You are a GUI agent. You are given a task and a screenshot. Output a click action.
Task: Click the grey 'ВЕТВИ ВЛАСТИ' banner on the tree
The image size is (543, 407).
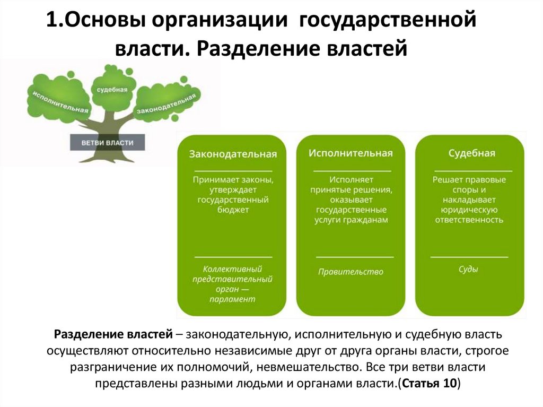tap(107, 143)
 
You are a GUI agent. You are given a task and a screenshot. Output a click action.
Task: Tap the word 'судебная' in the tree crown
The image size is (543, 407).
tap(112, 90)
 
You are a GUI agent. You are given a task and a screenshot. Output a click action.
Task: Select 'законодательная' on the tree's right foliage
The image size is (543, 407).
tap(167, 103)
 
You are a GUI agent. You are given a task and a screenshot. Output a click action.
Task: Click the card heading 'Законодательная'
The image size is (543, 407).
tap(233, 154)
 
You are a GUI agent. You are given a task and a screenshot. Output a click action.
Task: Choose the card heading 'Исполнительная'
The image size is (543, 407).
tap(351, 153)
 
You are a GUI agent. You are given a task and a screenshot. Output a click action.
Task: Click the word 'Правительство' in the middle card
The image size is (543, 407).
tap(351, 272)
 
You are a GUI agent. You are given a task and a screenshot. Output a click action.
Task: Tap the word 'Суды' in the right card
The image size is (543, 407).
tap(469, 269)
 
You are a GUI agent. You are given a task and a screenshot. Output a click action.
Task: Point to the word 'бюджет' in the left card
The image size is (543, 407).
tap(233, 210)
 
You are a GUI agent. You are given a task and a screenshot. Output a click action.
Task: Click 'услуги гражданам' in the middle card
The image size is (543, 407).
tap(351, 220)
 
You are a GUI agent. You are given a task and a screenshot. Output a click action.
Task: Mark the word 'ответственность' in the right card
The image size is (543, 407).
tap(469, 220)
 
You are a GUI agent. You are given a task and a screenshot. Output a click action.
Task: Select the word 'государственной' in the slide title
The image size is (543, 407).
tap(389, 22)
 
